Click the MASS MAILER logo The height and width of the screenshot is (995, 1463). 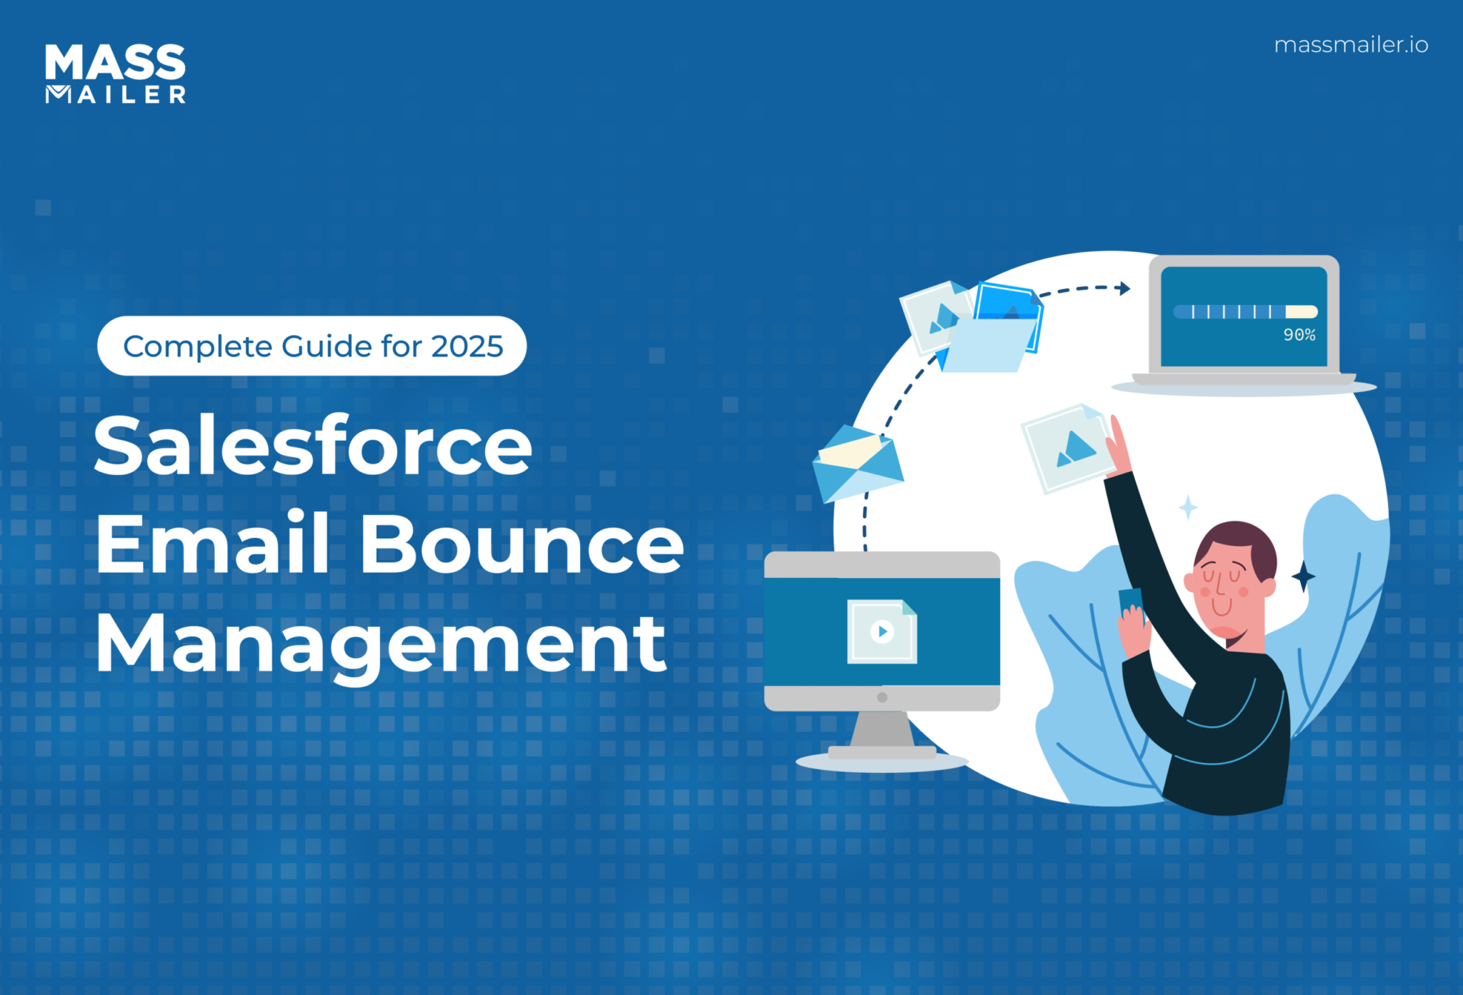[x=115, y=74]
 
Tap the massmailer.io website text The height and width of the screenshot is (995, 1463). [x=1351, y=45]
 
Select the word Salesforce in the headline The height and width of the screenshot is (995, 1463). [x=313, y=446]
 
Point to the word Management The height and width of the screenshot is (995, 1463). [x=381, y=644]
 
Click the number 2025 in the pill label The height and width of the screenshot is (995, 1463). [x=467, y=346]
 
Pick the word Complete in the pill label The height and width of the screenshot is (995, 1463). [x=197, y=346]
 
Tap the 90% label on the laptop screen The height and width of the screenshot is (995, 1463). [x=1299, y=335]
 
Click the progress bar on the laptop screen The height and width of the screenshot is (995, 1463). [x=1245, y=311]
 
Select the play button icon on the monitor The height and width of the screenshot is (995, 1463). [x=882, y=631]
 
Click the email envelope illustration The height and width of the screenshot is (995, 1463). [x=857, y=463]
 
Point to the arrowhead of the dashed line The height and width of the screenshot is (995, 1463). [x=1124, y=288]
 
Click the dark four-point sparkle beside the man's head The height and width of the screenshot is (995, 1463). [x=1303, y=576]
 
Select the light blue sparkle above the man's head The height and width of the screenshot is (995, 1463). [x=1188, y=507]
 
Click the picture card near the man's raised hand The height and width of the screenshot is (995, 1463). [x=1067, y=449]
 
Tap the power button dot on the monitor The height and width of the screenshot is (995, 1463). [x=882, y=697]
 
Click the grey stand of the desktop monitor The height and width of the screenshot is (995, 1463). [x=882, y=732]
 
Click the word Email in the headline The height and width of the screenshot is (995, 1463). [x=213, y=544]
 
